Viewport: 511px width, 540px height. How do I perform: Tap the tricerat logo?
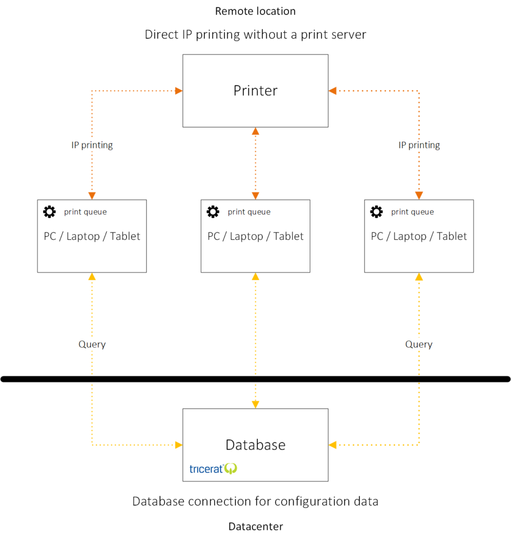click(x=213, y=469)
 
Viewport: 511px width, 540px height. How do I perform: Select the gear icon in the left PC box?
click(x=50, y=212)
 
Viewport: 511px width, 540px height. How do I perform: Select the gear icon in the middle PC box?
click(x=213, y=212)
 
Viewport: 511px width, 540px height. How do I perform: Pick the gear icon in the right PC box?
click(x=377, y=212)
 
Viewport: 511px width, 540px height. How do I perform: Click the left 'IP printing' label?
click(x=92, y=146)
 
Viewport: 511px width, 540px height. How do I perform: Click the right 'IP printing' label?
click(x=419, y=146)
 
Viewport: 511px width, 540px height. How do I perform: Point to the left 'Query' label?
click(x=92, y=344)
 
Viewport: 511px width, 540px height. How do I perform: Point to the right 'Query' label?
click(x=419, y=344)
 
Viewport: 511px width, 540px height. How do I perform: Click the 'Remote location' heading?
click(x=255, y=12)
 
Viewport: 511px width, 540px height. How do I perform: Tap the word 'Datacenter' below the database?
click(x=255, y=527)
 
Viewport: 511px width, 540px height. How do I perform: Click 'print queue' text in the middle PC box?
click(x=249, y=212)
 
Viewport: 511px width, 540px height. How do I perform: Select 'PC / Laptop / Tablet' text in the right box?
click(x=419, y=236)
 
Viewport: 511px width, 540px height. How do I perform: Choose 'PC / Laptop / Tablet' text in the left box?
click(x=92, y=236)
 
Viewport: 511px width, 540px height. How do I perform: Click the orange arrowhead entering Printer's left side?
click(x=179, y=91)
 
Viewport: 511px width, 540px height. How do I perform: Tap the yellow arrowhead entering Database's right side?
click(x=333, y=445)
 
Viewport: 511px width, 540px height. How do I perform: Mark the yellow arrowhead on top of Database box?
click(x=255, y=404)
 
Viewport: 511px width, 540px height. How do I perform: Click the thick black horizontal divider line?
click(x=255, y=379)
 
